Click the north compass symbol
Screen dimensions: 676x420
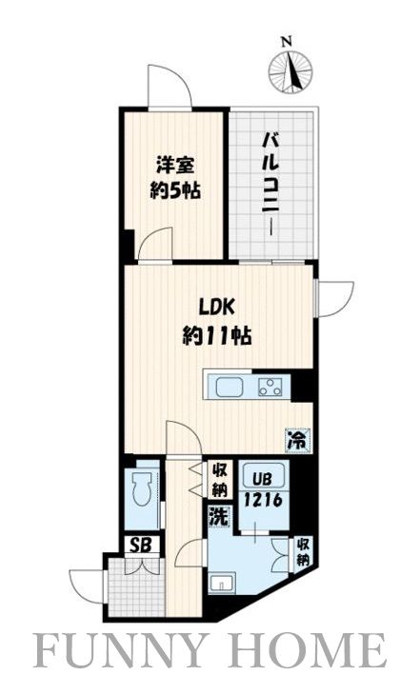(290, 70)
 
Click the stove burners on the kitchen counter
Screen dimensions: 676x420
(270, 387)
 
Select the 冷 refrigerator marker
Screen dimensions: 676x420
(298, 441)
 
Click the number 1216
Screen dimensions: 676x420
(259, 498)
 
